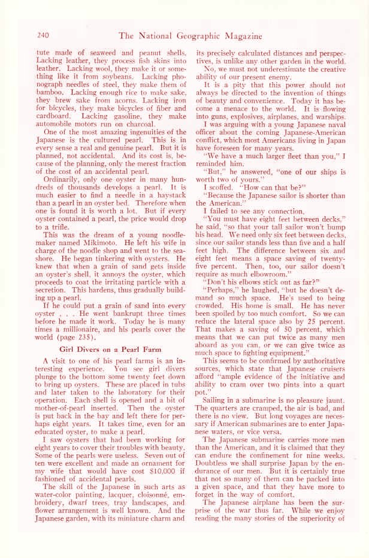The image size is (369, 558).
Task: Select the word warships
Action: [331, 120]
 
